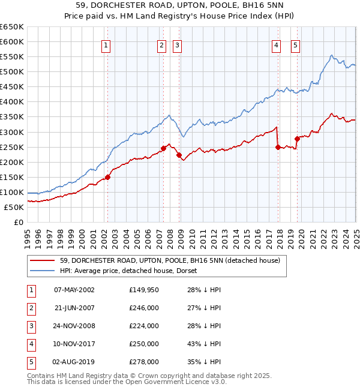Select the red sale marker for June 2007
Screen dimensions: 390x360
tap(163, 148)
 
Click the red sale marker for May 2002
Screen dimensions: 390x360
tap(108, 177)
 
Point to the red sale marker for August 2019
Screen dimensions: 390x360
tap(297, 139)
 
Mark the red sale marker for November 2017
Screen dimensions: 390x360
tap(278, 147)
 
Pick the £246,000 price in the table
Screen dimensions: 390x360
tap(144, 308)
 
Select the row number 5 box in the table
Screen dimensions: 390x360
tap(30, 362)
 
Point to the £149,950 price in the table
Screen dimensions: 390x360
tap(144, 290)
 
